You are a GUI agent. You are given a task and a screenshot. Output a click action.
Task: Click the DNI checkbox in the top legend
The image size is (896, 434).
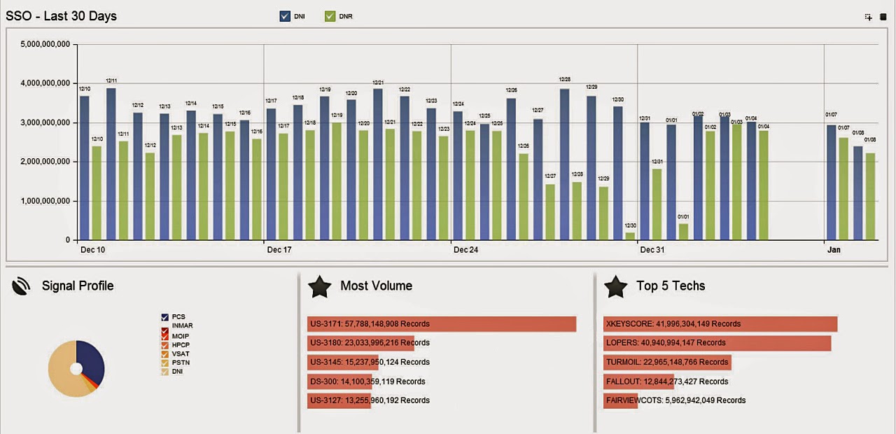[x=285, y=16]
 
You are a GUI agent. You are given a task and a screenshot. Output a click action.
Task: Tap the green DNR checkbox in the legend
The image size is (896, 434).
[x=330, y=16]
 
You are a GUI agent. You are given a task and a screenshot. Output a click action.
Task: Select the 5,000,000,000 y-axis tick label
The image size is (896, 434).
[x=46, y=44]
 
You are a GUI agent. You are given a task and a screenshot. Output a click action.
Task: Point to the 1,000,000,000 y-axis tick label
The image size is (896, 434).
[x=46, y=201]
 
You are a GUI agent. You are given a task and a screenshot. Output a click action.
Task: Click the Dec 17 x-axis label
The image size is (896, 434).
[x=279, y=250]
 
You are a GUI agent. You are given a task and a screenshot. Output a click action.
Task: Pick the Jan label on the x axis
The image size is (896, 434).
[x=833, y=250]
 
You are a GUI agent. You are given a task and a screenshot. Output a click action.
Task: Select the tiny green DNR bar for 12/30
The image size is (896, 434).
[x=630, y=236]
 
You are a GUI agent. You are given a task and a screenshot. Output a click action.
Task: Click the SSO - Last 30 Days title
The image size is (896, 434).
[x=62, y=16]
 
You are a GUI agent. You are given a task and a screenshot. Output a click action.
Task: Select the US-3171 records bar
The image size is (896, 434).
[x=441, y=324]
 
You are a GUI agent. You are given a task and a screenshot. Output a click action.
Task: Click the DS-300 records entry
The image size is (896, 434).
[x=367, y=381]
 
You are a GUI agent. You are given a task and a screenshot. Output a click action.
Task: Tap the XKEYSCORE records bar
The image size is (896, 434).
[x=720, y=324]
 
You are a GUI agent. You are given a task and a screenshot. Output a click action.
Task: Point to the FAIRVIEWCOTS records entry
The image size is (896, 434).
[x=675, y=400]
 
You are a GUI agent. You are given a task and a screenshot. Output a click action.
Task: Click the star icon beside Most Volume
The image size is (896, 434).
[x=320, y=286]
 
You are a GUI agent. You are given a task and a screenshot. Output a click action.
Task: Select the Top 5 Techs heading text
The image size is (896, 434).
[x=671, y=286]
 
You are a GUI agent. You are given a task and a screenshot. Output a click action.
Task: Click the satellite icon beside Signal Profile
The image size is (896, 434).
[x=22, y=286]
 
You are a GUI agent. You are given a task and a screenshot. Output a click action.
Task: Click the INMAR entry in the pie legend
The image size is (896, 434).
[x=182, y=325]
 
